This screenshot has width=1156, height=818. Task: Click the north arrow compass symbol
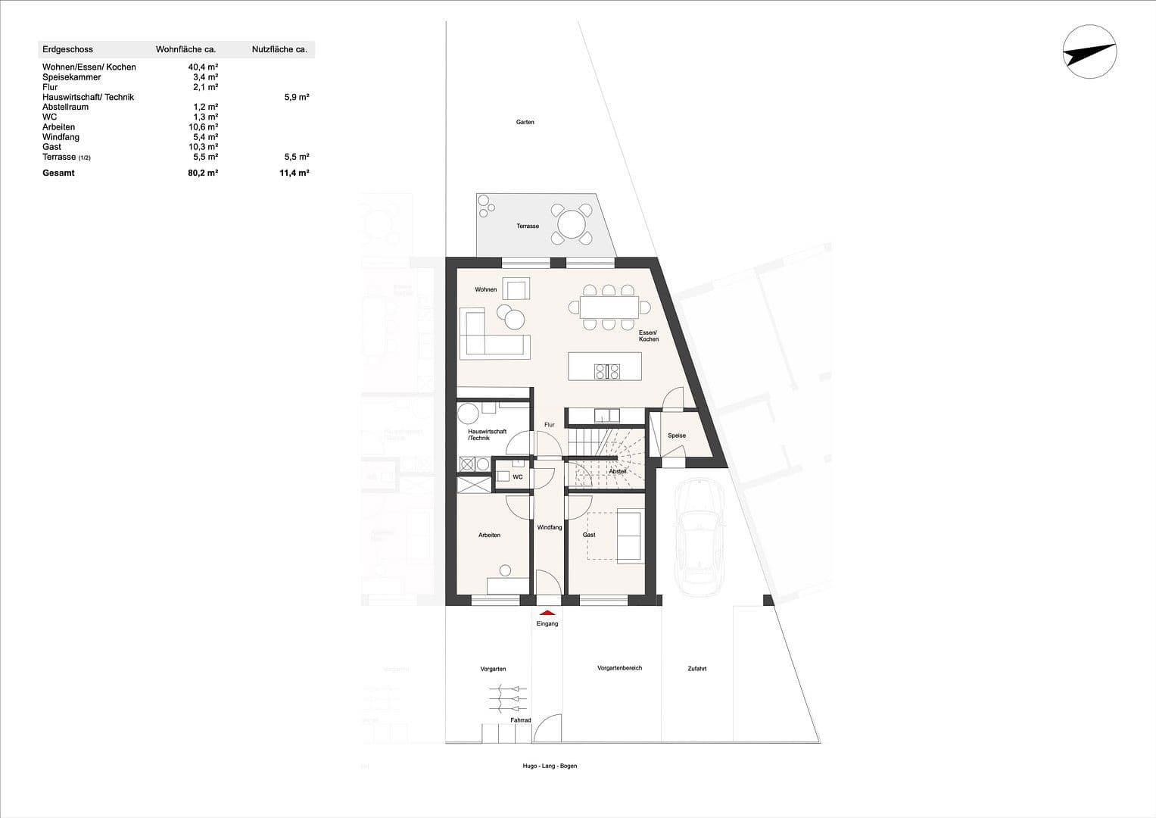tap(1089, 52)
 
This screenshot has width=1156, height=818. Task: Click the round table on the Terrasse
tap(571, 224)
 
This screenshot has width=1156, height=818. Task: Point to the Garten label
tap(525, 122)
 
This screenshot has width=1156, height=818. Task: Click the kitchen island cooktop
tap(607, 371)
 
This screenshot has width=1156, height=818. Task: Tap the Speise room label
tap(676, 436)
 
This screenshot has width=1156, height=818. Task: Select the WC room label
tap(518, 477)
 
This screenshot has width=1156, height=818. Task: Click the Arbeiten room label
tap(489, 535)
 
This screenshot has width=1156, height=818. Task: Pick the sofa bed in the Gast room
tap(630, 535)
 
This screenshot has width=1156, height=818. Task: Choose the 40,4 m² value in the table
tap(203, 67)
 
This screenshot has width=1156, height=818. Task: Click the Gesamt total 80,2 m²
tap(203, 173)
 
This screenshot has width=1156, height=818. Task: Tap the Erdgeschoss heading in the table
tap(67, 49)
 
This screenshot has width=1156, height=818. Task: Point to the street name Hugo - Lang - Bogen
tap(550, 766)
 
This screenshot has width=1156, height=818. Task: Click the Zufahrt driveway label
tap(696, 669)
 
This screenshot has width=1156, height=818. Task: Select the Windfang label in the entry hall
tap(549, 527)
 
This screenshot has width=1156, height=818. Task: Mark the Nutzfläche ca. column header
tap(279, 49)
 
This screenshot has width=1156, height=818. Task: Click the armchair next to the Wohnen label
tap(518, 289)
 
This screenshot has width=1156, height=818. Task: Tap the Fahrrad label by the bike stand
tap(520, 720)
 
